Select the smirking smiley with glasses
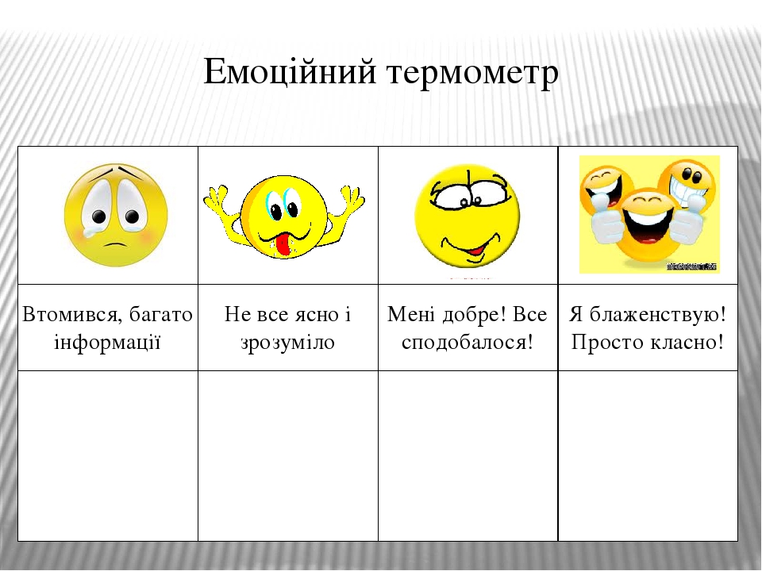pos(468,216)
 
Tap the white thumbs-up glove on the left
pos(604,226)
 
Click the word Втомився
pos(71,315)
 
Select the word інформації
pos(108,343)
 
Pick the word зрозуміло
pos(287,343)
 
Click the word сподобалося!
pos(468,343)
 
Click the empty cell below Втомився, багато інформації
pos(108,455)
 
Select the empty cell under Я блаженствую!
pos(648,455)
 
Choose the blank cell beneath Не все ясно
pos(287,455)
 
